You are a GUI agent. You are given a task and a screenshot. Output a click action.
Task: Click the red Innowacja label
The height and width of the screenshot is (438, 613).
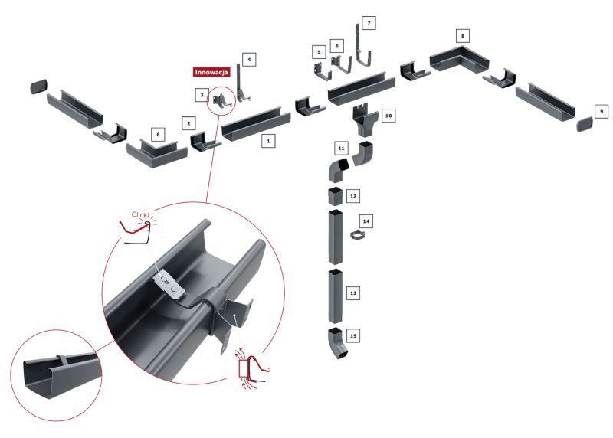point(211,72)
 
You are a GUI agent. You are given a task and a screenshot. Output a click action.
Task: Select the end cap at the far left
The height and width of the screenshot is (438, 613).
point(38,86)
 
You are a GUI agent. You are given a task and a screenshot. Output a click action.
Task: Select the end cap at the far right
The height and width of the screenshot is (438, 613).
point(584,123)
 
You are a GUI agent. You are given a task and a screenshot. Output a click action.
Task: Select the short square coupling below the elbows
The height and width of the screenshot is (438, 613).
point(336,195)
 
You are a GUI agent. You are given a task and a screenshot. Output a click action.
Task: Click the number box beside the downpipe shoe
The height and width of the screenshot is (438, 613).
point(354,335)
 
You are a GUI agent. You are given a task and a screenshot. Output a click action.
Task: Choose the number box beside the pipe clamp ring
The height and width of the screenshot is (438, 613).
point(367,221)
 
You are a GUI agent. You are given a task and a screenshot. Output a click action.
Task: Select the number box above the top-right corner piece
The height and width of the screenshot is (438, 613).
point(461,35)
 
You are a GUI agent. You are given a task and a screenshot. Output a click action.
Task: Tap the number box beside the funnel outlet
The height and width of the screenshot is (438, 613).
point(389,117)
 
